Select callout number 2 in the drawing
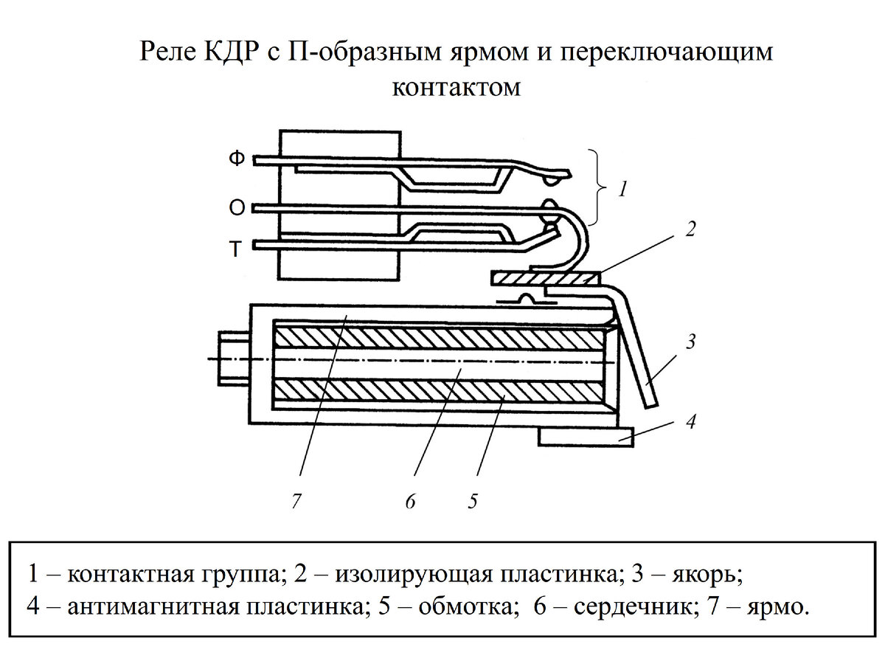click(690, 229)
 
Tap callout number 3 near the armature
click(690, 342)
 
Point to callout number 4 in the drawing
click(690, 423)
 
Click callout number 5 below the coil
click(472, 502)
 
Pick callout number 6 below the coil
click(410, 502)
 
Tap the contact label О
click(236, 209)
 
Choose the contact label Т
click(235, 250)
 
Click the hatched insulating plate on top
click(546, 279)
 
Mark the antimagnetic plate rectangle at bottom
click(585, 437)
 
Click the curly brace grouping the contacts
click(599, 188)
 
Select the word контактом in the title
click(457, 87)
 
